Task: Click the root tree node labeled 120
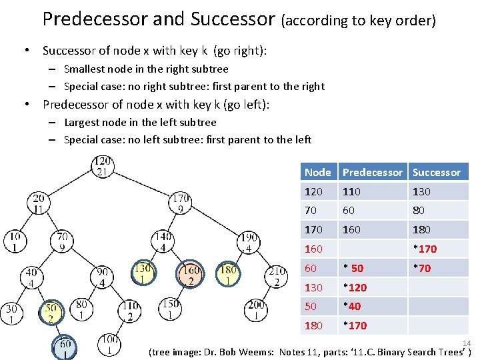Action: (102, 167)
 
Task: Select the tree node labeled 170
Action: (181, 203)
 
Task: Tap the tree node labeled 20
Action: (38, 203)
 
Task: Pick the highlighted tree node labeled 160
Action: (191, 275)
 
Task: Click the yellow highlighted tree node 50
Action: (51, 313)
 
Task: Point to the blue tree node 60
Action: (63, 348)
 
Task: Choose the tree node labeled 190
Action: (248, 243)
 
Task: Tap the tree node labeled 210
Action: (277, 277)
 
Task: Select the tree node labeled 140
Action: (163, 241)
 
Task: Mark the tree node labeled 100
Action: (109, 345)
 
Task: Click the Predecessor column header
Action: (372, 172)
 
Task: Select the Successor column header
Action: (436, 172)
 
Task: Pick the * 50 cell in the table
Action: (353, 268)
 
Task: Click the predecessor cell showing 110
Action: (352, 191)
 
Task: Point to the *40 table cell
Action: (352, 306)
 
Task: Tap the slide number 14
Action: (467, 343)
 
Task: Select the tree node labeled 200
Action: (255, 310)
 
